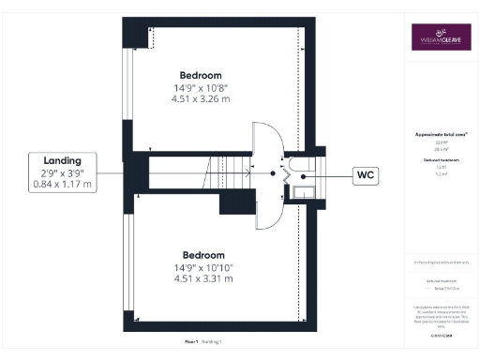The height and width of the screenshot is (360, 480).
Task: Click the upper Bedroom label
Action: [201, 75]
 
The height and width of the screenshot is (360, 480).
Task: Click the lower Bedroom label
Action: [203, 255]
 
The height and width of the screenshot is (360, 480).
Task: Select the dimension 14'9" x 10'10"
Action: [203, 267]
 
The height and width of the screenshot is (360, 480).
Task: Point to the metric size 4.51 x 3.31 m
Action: [203, 279]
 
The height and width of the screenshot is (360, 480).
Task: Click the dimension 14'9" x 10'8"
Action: [201, 88]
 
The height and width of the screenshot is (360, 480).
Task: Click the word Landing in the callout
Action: [49, 160]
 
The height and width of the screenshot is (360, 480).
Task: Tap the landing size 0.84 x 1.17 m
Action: [49, 185]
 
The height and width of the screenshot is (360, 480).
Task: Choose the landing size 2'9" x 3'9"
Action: [49, 172]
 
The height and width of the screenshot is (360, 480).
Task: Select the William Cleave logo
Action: [440, 39]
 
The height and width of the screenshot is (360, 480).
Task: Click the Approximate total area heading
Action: [440, 135]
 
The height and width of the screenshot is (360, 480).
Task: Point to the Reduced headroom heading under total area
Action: [440, 161]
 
